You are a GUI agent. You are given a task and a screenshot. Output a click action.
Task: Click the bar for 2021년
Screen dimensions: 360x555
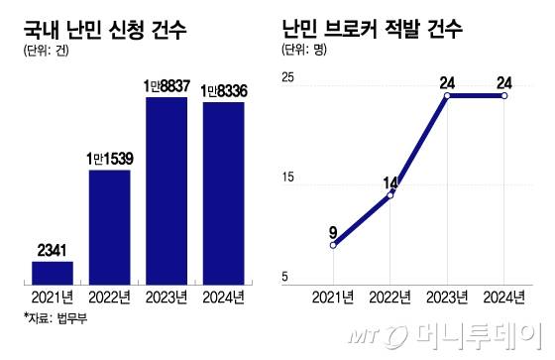tap(53, 272)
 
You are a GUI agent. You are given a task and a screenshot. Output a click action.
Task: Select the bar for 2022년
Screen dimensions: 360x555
tap(110, 226)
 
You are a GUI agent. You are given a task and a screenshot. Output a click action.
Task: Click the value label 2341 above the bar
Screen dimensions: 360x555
tap(53, 250)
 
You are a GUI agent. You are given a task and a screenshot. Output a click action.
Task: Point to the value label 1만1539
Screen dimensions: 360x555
tap(110, 159)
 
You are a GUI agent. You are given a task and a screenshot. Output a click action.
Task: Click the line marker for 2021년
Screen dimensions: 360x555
tap(334, 245)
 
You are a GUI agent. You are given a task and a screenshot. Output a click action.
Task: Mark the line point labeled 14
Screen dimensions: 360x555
tap(390, 195)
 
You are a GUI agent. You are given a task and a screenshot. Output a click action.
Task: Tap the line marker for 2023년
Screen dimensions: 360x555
tap(448, 96)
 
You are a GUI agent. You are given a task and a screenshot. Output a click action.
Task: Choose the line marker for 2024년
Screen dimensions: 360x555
tap(505, 96)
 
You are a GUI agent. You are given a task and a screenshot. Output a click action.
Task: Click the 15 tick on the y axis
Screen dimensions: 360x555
tap(289, 178)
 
